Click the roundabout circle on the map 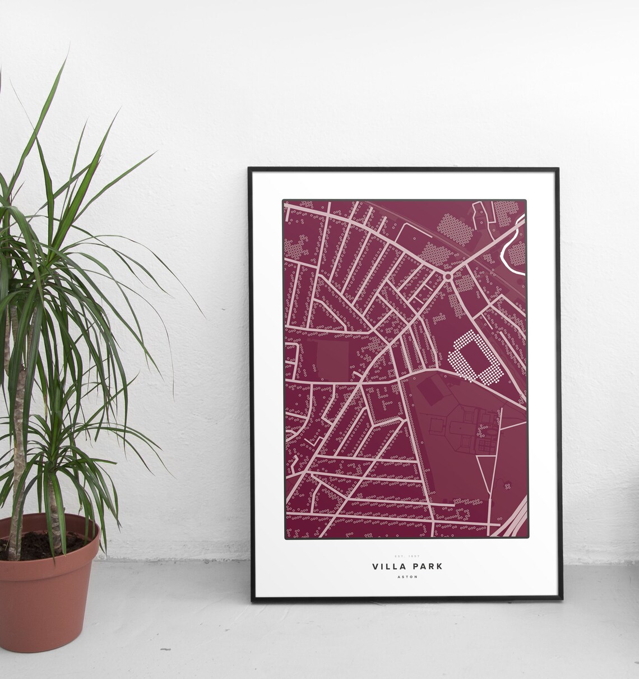(x=447, y=276)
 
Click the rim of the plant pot (x=50, y=530)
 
